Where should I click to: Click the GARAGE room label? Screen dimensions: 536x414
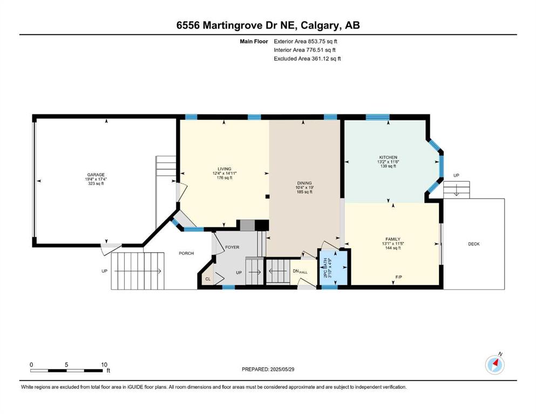(x=96, y=175)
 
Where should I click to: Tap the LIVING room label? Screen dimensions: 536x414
(x=225, y=169)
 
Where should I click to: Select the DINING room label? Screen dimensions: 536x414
(x=304, y=183)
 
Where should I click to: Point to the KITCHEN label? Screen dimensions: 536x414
(x=388, y=158)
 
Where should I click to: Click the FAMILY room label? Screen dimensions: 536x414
(x=393, y=239)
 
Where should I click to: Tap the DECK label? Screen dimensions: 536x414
(x=474, y=244)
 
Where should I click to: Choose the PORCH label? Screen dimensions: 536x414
(x=186, y=253)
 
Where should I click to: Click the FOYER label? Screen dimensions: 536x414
(x=232, y=247)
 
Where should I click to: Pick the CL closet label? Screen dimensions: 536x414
(x=208, y=279)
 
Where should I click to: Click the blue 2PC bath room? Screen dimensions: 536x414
(x=334, y=268)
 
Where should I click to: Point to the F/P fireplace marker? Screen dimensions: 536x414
(x=398, y=277)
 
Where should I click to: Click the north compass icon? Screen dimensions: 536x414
(x=494, y=364)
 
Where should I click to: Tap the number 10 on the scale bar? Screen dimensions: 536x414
(x=104, y=364)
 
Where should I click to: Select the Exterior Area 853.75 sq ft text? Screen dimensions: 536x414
(x=306, y=42)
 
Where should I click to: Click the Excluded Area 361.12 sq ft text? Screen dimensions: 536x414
(x=307, y=58)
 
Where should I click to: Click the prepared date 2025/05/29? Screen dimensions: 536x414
(x=282, y=369)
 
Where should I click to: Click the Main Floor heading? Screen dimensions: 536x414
(x=254, y=42)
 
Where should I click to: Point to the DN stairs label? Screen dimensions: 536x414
(x=296, y=271)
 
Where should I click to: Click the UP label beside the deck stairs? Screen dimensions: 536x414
(x=456, y=175)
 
